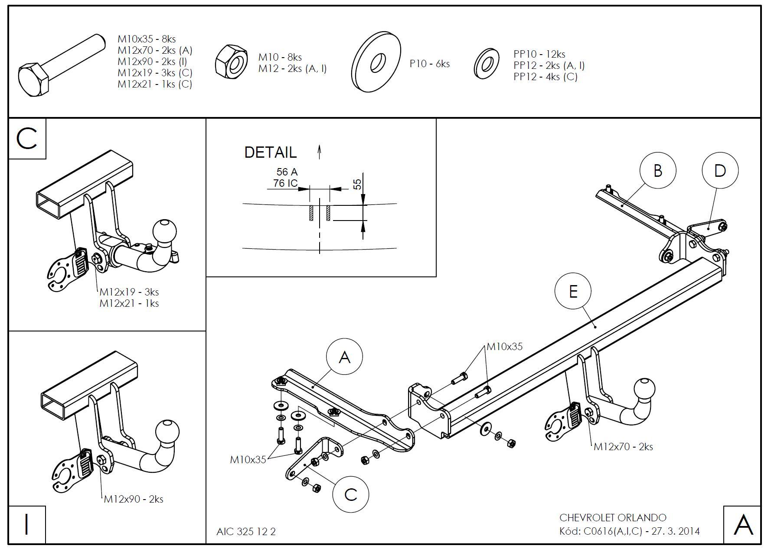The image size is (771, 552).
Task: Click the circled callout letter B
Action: click(x=657, y=170)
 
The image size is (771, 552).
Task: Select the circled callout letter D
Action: click(x=720, y=170)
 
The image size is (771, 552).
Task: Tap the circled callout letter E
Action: click(x=573, y=291)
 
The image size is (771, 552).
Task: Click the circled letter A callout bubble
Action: click(x=344, y=357)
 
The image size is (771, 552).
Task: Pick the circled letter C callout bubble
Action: click(x=350, y=494)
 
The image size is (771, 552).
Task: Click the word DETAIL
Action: click(x=271, y=153)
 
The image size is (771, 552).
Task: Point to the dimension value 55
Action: click(x=357, y=184)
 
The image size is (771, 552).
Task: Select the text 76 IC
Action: click(x=285, y=183)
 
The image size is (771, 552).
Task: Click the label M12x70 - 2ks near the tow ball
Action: click(x=623, y=447)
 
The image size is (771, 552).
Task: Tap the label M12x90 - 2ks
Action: click(x=134, y=499)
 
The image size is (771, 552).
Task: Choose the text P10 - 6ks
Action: click(x=430, y=64)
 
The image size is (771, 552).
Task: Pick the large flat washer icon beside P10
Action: click(x=376, y=62)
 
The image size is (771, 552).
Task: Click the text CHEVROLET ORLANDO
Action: click(x=613, y=518)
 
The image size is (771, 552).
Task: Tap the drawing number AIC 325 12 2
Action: click(x=246, y=531)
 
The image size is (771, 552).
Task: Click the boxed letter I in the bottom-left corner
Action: click(x=27, y=524)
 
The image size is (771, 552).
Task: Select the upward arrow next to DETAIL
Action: click(x=319, y=152)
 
